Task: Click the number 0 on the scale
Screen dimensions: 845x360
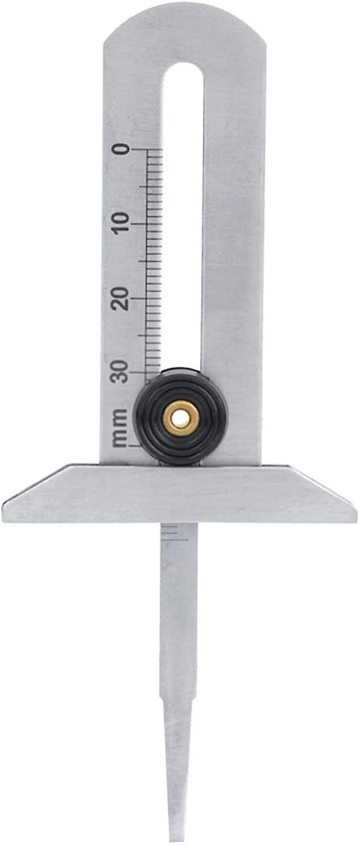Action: click(121, 150)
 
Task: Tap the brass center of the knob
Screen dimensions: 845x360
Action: click(181, 418)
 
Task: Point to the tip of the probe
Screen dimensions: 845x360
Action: click(177, 839)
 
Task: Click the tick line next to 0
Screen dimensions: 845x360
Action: click(148, 150)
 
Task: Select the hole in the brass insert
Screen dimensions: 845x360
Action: click(181, 418)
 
